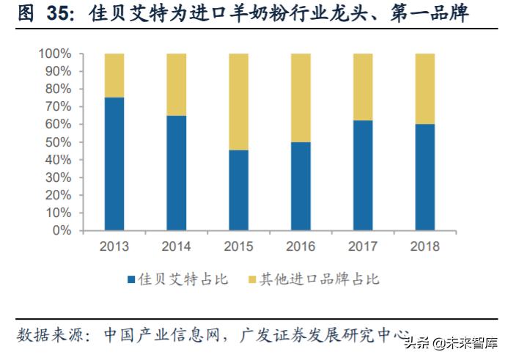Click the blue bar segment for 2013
pyautogui.click(x=114, y=164)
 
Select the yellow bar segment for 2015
pyautogui.click(x=238, y=102)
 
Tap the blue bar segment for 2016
pyautogui.click(x=301, y=185)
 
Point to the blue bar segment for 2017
pyautogui.click(x=363, y=175)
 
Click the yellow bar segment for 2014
pyautogui.click(x=176, y=84)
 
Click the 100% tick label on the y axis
pyautogui.click(x=56, y=54)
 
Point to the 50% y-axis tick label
pyautogui.click(x=59, y=142)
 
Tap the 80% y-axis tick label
pyautogui.click(x=59, y=89)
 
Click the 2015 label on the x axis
pyautogui.click(x=238, y=246)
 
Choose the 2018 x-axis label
pyautogui.click(x=424, y=246)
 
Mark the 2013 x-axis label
pyautogui.click(x=114, y=246)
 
